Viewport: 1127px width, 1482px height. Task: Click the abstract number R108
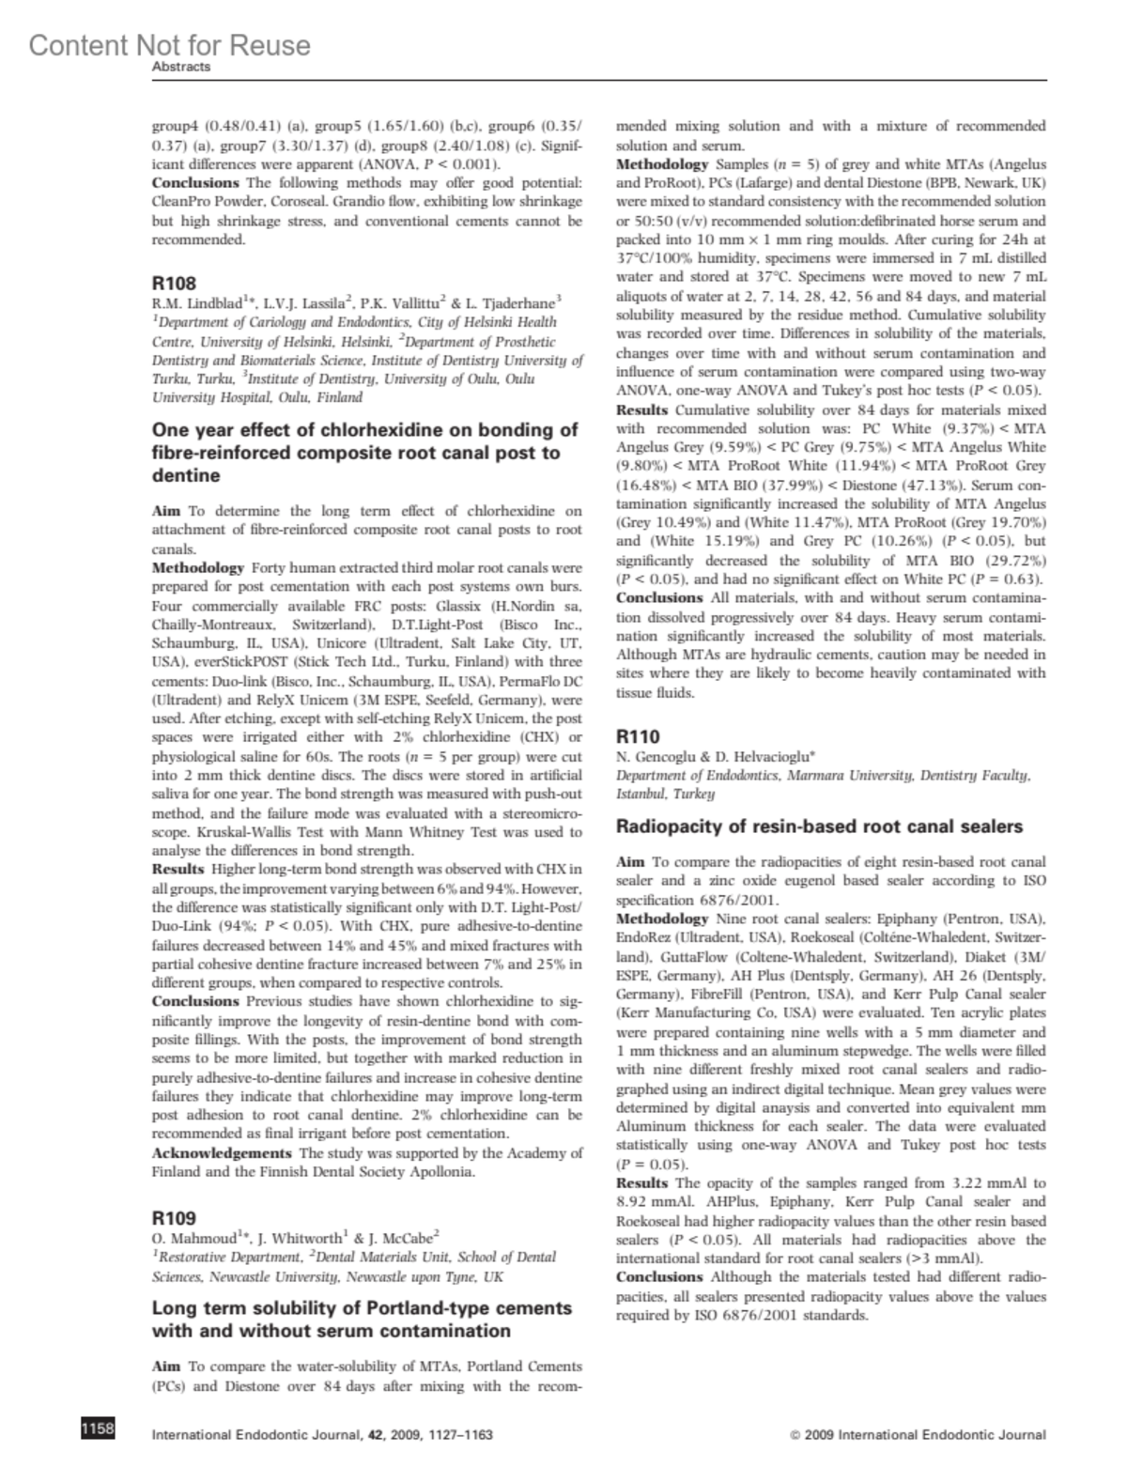coord(174,282)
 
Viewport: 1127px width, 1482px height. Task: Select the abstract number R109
coord(174,1218)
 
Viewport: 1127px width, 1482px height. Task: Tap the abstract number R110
coord(638,736)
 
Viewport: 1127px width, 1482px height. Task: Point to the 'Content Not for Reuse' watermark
coord(169,44)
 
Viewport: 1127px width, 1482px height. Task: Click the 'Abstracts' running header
coord(181,68)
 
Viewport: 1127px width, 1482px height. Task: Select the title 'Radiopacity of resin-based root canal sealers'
coord(819,826)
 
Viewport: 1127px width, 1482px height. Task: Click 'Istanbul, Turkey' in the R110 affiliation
coord(665,794)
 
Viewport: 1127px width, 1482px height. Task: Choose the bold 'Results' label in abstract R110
coord(641,1183)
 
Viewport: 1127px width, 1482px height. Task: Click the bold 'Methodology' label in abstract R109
coord(661,163)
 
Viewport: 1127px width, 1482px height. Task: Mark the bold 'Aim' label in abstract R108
coord(165,511)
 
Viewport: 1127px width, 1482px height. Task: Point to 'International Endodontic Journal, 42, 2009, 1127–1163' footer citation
coord(322,1434)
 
